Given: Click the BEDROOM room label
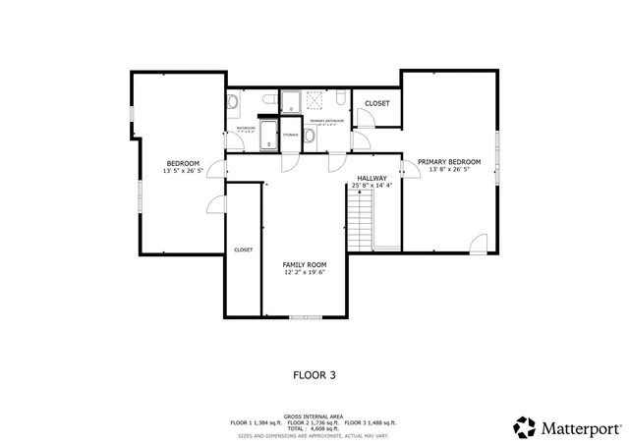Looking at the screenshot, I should click(x=183, y=163).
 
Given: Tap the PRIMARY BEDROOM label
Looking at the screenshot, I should click(x=449, y=161).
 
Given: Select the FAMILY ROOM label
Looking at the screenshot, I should click(x=304, y=264).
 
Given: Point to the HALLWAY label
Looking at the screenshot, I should click(x=372, y=178).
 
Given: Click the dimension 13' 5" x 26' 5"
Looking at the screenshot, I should click(x=183, y=171).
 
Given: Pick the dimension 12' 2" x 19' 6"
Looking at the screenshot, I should click(x=304, y=272).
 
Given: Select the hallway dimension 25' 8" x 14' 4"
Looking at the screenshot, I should click(x=372, y=186).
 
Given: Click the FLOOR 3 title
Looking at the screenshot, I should click(x=314, y=374).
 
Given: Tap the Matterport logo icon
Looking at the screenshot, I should click(x=526, y=427).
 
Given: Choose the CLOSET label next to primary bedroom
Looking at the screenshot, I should click(x=376, y=103).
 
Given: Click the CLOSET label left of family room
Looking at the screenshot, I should click(x=243, y=250).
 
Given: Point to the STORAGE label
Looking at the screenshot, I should click(x=291, y=135).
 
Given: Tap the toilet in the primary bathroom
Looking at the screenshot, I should click(x=336, y=99).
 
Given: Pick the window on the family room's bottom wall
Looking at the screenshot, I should click(x=304, y=317).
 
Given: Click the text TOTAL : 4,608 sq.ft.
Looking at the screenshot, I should click(x=314, y=427).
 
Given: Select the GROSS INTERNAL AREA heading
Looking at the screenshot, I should click(x=314, y=416).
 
